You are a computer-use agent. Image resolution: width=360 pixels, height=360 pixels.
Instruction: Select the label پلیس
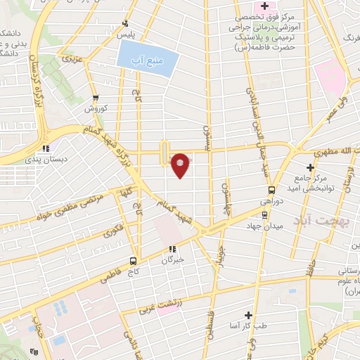coord(124,34)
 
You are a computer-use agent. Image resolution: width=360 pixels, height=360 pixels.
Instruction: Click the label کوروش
coord(95,109)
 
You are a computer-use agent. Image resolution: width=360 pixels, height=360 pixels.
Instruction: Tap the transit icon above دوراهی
coord(272,190)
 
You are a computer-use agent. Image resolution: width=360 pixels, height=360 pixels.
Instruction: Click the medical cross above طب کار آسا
coord(247,316)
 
